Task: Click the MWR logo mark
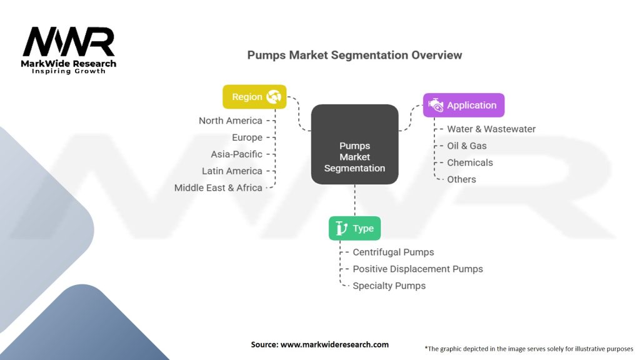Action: point(69,42)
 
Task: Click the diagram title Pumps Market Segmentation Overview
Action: point(354,55)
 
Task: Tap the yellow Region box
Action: point(254,97)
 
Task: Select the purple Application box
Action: point(463,105)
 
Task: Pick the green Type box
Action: point(354,228)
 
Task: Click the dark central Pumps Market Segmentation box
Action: point(354,144)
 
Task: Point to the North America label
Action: point(230,121)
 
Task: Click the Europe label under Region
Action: point(247,137)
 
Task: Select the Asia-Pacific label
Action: point(236,154)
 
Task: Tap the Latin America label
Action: point(232,171)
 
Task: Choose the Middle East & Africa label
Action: point(218,187)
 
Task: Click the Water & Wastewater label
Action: point(491,129)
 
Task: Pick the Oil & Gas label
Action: point(466,146)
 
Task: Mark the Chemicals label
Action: point(469,162)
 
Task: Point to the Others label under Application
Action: point(461,179)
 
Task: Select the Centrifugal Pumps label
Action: point(393,252)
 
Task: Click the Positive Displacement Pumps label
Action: point(417,269)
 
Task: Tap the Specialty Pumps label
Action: point(389,286)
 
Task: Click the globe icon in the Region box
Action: point(273,97)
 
